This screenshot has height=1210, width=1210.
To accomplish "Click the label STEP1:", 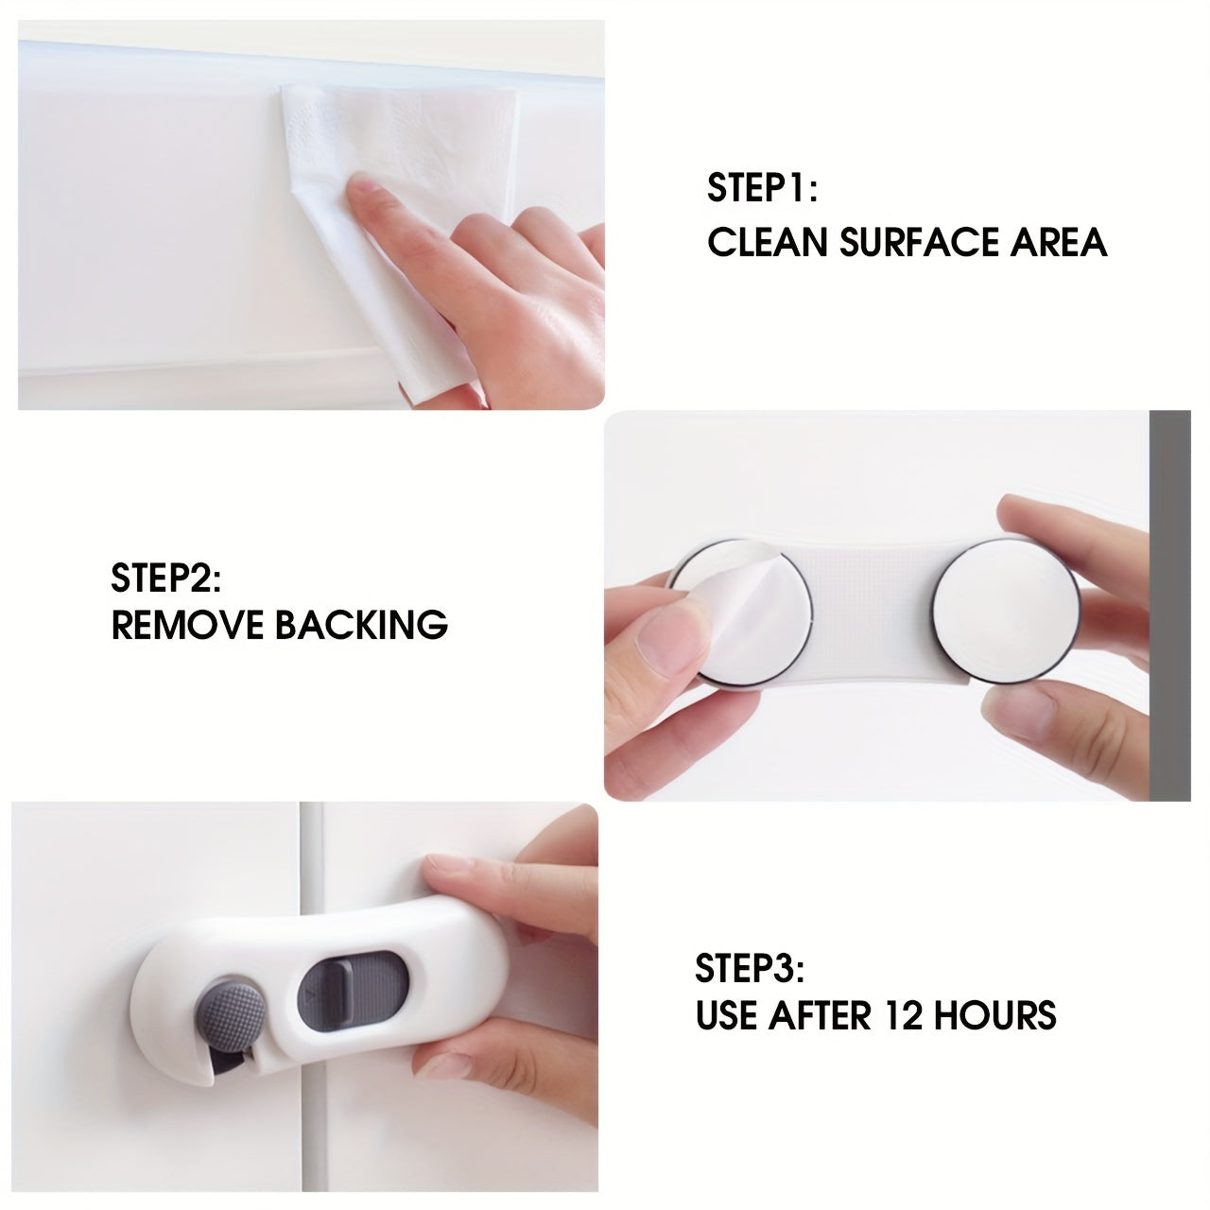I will [x=762, y=188].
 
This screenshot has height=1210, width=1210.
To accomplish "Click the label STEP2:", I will [x=166, y=577].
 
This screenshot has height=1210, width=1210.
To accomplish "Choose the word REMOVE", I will [x=186, y=625].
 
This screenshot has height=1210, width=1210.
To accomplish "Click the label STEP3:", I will [x=750, y=968].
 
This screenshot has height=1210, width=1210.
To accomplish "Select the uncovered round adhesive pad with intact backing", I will [x=1005, y=610].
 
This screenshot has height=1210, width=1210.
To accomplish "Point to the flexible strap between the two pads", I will [x=870, y=614].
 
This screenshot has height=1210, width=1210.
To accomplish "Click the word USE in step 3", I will [x=726, y=1015].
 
